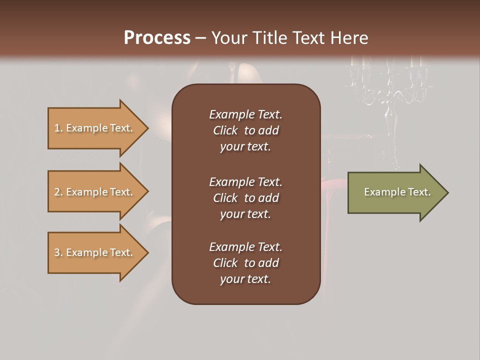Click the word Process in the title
(157, 38)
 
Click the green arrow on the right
(395, 192)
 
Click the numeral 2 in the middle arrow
(57, 192)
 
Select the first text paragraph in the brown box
(245, 130)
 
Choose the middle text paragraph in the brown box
(245, 197)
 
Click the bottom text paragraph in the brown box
(245, 263)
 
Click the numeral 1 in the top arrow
(57, 128)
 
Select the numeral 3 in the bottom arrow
(57, 252)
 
